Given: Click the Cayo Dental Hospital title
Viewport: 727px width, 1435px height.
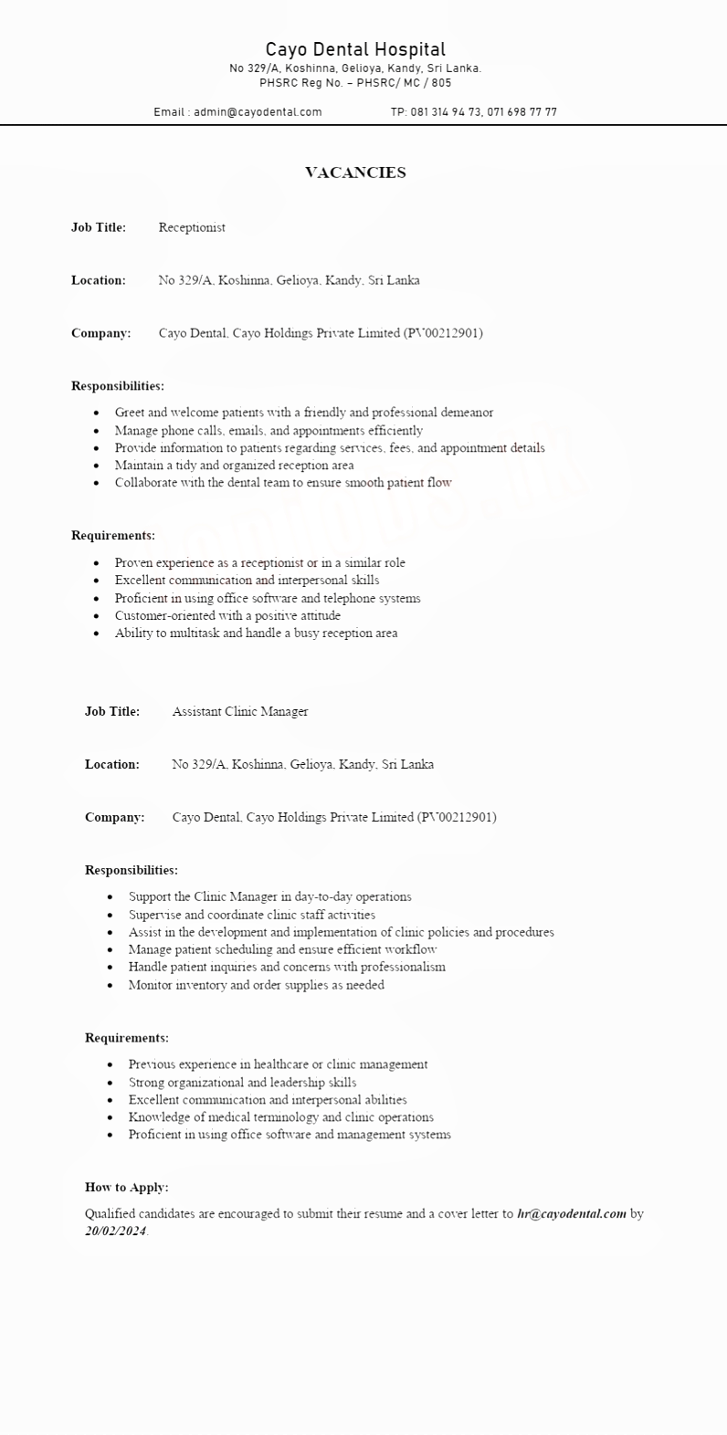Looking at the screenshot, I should coord(355,49).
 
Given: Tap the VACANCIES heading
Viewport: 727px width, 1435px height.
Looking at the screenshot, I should coord(355,173).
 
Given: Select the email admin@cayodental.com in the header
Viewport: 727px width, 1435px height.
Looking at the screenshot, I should coord(257,112).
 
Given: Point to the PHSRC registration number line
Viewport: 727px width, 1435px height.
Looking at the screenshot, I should coord(355,83).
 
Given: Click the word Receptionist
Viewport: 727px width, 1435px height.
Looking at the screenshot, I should coord(192,227).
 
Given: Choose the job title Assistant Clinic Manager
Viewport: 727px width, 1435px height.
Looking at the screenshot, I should coord(240,711).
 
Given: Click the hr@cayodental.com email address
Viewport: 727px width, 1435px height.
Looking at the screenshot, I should coord(572,1214).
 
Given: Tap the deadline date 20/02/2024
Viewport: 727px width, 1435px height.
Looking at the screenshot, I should coord(116,1231).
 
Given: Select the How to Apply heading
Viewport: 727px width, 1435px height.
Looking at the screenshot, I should coord(127,1188).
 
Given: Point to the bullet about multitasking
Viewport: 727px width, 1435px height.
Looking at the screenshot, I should coord(256,633).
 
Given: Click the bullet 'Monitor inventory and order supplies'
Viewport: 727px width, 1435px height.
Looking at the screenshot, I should coord(256,985).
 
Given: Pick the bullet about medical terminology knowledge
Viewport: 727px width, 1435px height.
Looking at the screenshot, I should coord(281,1117).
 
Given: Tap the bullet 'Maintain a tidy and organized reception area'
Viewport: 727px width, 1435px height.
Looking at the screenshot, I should coord(234,465).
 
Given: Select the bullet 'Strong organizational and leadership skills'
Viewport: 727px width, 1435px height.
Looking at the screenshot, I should coord(242,1083).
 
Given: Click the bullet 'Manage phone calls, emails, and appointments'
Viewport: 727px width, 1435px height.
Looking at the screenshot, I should coord(269,430).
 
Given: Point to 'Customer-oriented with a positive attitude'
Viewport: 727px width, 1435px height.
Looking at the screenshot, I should coord(227,615).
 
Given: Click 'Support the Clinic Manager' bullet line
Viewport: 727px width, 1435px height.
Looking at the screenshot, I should coord(269,896).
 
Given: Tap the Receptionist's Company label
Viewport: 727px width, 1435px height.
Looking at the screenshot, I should coord(100,333).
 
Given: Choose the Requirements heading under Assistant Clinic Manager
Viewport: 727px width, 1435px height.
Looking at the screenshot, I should coord(127,1038).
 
